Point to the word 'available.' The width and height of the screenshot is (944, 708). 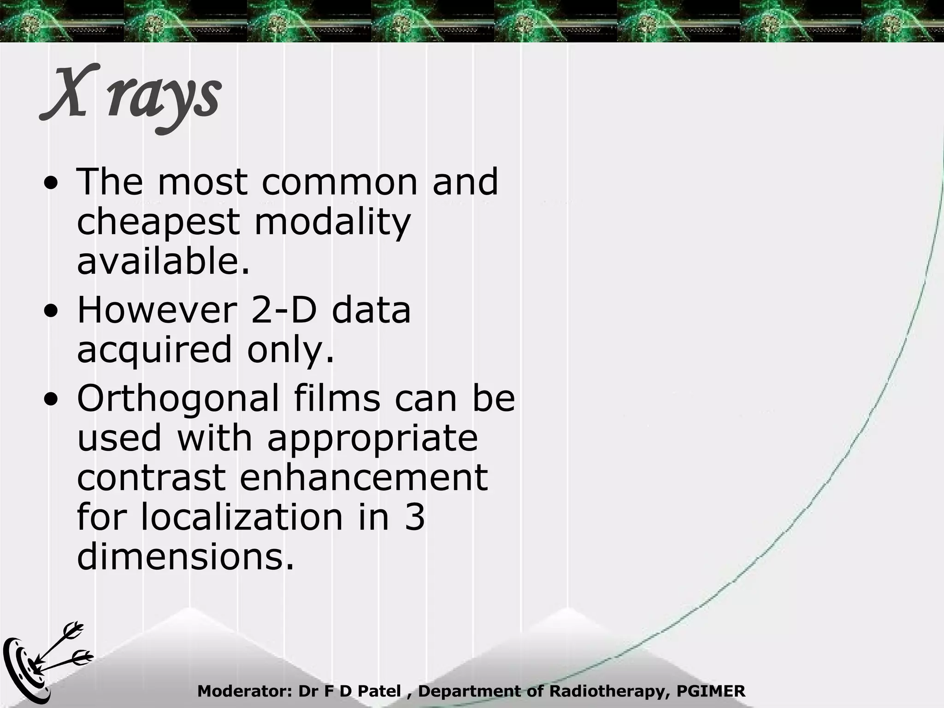coord(164,261)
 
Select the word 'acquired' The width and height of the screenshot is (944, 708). coord(154,349)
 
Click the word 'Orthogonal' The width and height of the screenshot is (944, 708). coord(178,398)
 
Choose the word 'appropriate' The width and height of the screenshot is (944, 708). coord(372,438)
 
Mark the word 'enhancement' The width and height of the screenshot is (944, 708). coord(363,477)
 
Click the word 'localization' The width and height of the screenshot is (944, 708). coord(242,517)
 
